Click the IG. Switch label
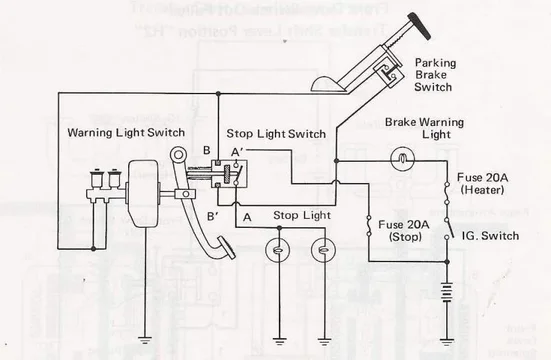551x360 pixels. pyautogui.click(x=490, y=236)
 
